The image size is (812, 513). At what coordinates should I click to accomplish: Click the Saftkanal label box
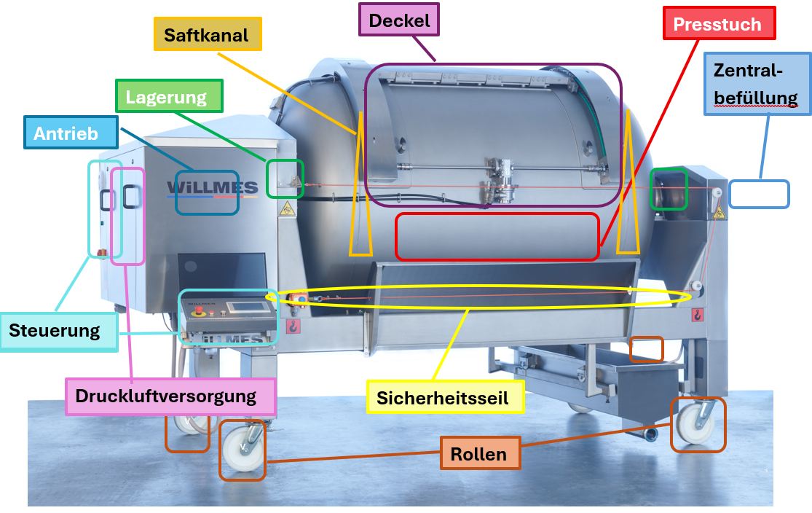tap(208, 34)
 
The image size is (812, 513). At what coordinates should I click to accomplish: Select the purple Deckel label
tap(399, 20)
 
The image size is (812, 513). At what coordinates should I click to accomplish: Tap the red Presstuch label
tap(720, 23)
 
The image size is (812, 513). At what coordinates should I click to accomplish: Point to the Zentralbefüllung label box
tap(757, 83)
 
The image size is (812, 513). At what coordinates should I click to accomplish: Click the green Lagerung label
tap(169, 96)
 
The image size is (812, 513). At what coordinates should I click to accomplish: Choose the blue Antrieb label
tap(71, 133)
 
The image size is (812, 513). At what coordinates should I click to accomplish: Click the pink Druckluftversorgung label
tap(170, 396)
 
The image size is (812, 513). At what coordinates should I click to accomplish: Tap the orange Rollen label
tap(480, 453)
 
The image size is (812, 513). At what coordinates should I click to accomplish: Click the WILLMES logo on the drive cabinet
tap(213, 188)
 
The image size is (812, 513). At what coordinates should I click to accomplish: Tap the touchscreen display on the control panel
tap(248, 307)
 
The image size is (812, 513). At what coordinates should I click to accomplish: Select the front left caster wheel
tap(243, 450)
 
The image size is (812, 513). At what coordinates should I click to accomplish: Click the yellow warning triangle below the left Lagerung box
tap(287, 209)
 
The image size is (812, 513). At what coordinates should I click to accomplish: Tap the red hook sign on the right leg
tap(698, 315)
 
